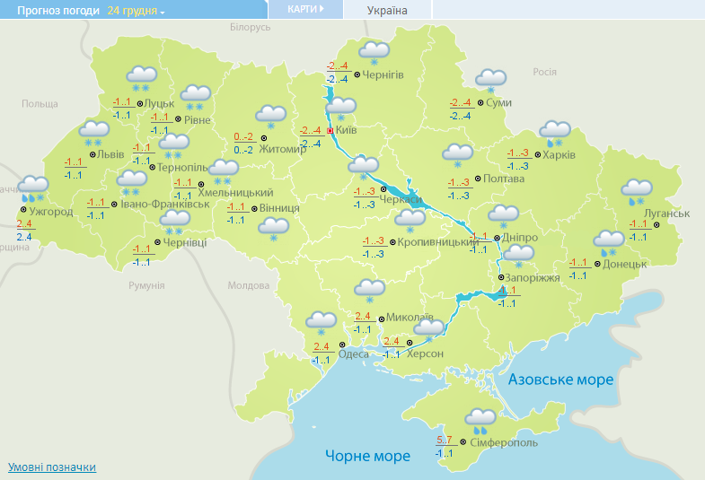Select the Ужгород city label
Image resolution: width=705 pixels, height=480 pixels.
(51, 212)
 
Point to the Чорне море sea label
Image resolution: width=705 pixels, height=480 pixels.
(367, 456)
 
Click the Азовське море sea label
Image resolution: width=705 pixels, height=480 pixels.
(560, 380)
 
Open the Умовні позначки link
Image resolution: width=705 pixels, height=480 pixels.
(52, 467)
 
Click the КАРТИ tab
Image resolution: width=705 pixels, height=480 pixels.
(306, 9)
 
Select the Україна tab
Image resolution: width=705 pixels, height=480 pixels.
(387, 10)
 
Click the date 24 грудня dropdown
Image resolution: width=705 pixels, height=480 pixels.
(136, 10)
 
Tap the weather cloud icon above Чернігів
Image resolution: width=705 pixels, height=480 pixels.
(373, 52)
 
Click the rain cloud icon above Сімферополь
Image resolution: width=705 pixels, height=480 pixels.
(480, 418)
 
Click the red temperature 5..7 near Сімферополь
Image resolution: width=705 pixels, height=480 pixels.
(445, 440)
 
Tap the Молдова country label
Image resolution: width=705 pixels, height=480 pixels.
(248, 285)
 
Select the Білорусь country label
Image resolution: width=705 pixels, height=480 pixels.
(250, 28)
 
